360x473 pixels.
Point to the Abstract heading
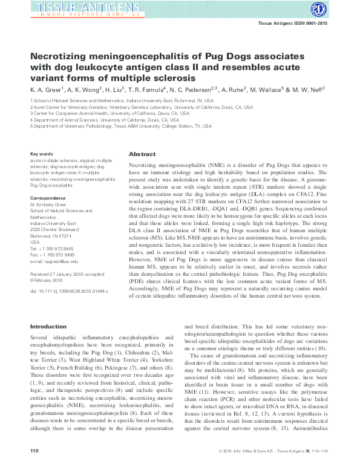coord(142,155)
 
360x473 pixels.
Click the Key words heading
coord(42,154)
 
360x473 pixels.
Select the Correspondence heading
coord(49,198)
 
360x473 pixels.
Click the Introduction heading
coord(48,327)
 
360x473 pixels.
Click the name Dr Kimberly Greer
coord(49,204)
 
